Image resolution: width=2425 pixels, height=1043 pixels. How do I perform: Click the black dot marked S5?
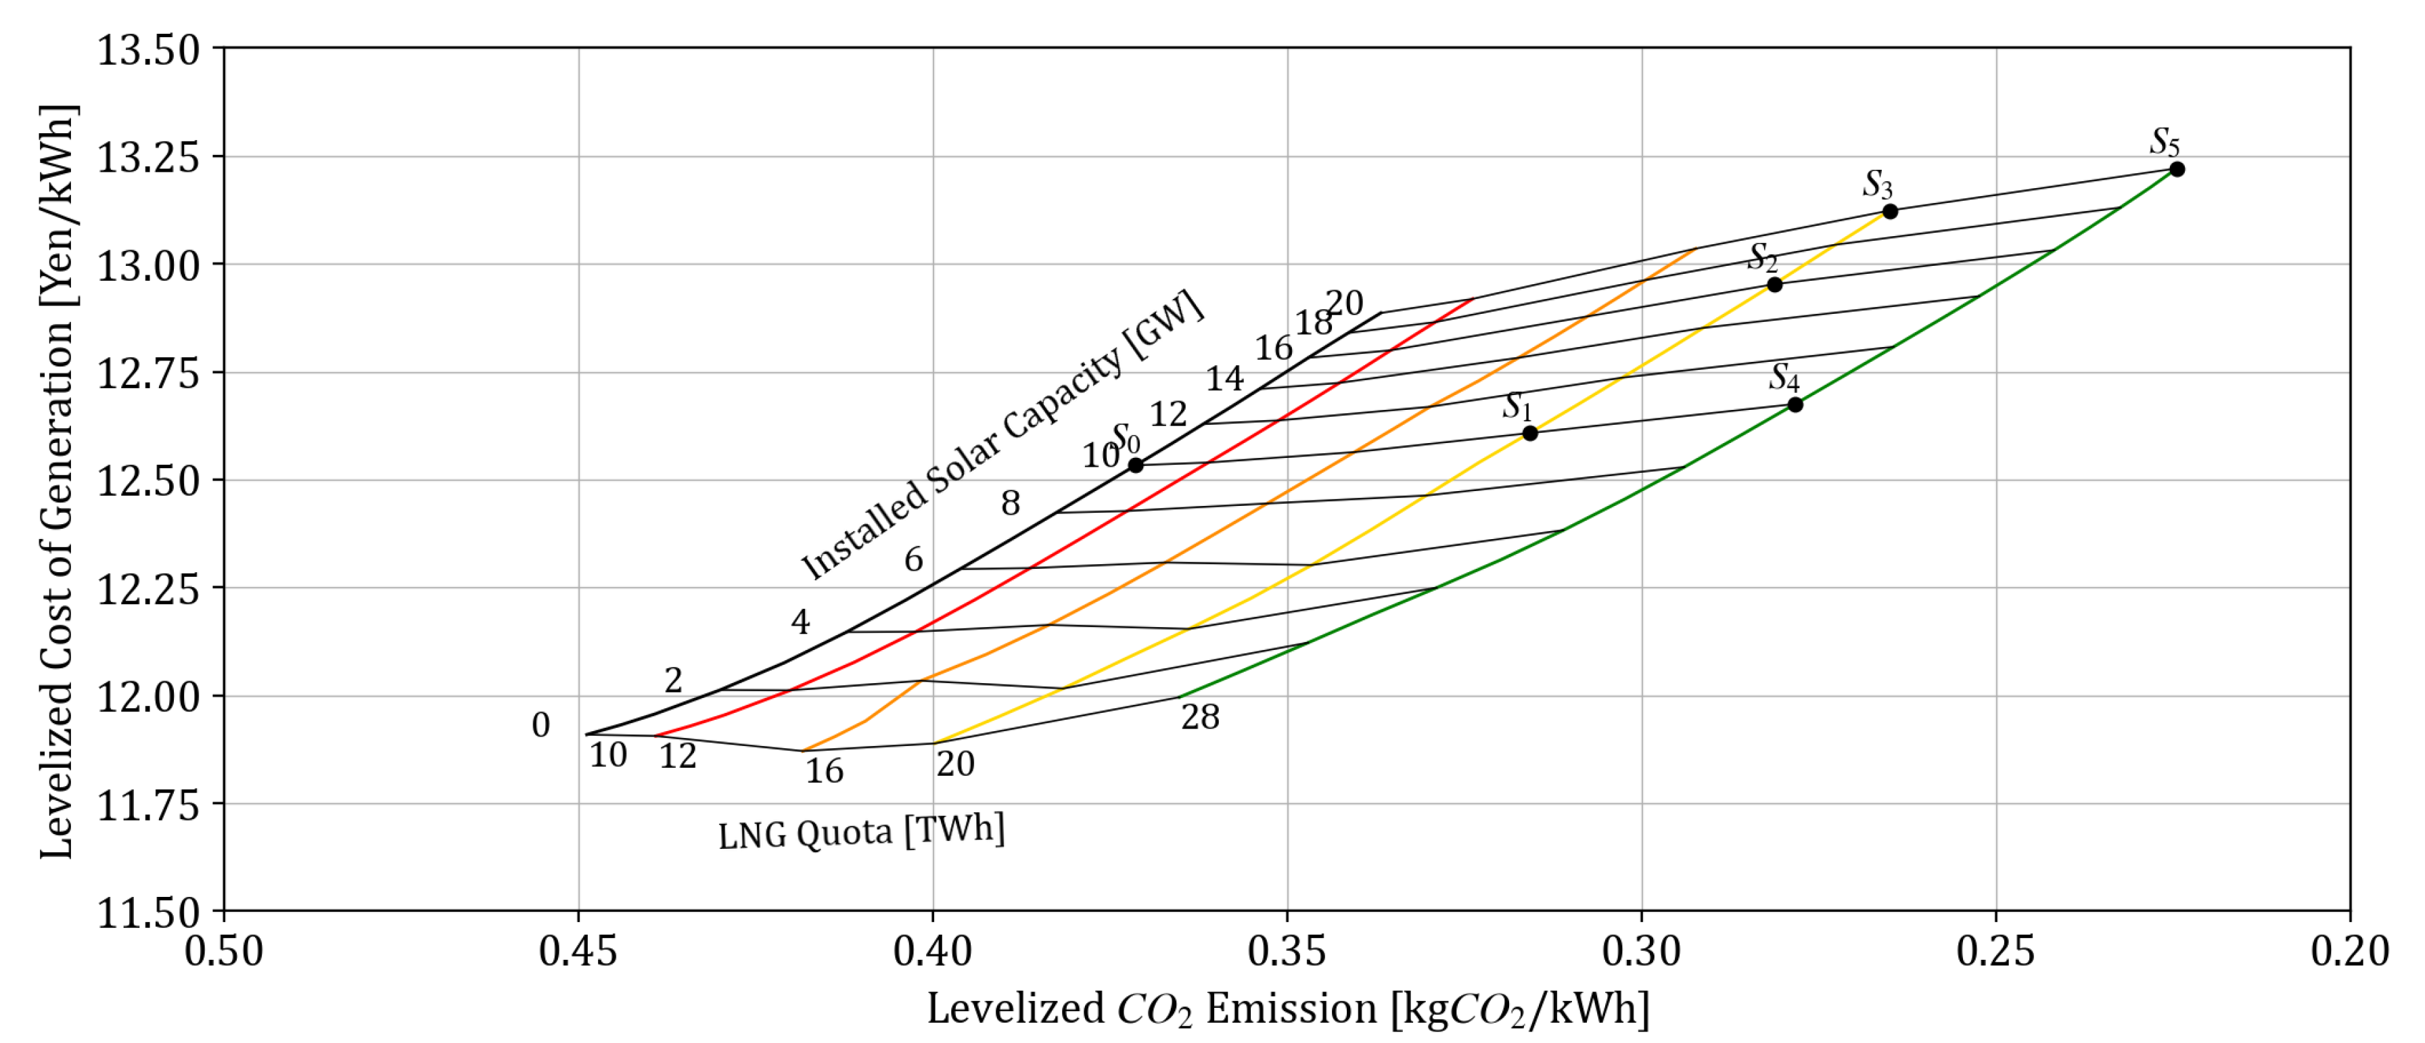(2177, 170)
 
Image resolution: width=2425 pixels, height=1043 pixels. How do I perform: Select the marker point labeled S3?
(1889, 211)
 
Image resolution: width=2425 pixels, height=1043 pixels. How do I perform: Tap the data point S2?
(1774, 284)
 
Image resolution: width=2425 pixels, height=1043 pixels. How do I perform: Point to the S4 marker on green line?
(1795, 404)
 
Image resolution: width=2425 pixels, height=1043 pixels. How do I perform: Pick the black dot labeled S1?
(1530, 433)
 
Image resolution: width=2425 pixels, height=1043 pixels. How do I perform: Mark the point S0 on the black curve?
(1136, 465)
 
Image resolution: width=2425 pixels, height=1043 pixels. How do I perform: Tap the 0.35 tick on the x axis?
(1287, 952)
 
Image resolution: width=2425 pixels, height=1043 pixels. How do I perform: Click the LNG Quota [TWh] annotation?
(861, 831)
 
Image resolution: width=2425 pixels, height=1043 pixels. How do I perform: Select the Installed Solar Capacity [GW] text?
(1002, 436)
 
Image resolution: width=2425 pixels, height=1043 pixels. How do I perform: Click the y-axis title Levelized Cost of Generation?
(57, 482)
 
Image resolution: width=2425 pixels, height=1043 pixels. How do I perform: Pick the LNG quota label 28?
(1200, 717)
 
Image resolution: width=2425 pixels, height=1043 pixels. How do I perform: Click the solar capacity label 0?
(540, 725)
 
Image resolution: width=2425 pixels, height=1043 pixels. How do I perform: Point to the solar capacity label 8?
(1010, 504)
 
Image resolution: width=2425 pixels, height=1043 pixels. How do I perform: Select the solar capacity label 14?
(1225, 378)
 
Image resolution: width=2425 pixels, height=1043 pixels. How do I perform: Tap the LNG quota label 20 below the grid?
(954, 764)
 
